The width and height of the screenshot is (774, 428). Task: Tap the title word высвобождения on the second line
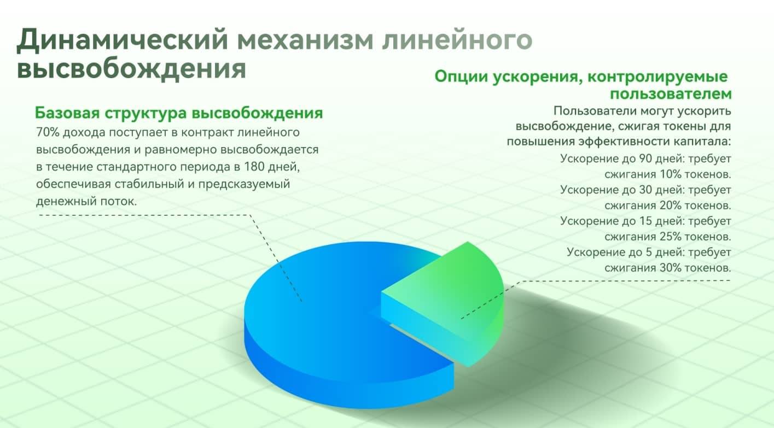[x=131, y=69]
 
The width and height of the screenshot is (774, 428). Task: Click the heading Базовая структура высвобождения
[x=179, y=113]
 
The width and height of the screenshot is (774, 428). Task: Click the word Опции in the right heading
[x=462, y=77]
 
